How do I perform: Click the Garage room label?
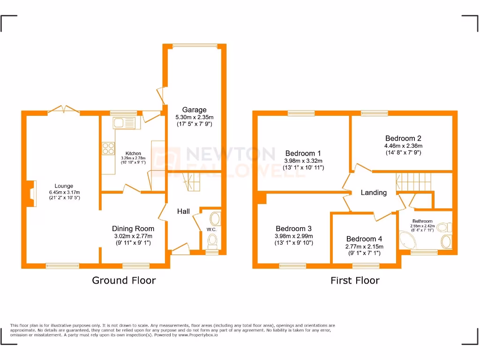click(194, 110)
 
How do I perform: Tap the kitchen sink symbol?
click(124, 123)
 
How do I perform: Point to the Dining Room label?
click(133, 229)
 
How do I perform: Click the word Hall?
click(183, 211)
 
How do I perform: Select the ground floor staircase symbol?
click(190, 181)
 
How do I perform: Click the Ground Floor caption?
click(124, 280)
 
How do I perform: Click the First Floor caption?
click(355, 280)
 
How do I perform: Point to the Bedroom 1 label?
click(303, 153)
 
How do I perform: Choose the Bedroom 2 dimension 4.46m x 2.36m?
click(403, 145)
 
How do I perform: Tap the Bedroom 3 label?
click(293, 229)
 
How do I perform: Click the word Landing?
click(374, 192)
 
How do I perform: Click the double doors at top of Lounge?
click(63, 110)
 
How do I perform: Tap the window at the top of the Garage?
click(195, 45)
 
